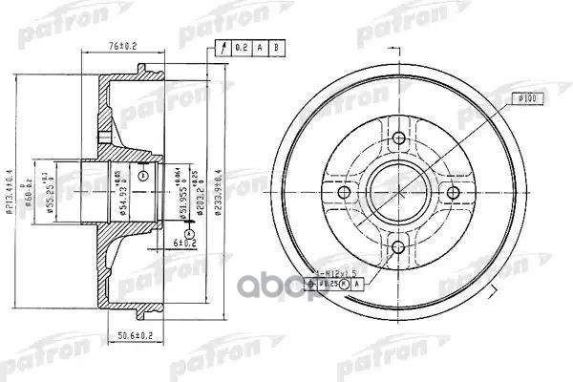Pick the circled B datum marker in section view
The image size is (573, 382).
[142, 175]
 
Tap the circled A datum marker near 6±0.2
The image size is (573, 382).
[189, 233]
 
